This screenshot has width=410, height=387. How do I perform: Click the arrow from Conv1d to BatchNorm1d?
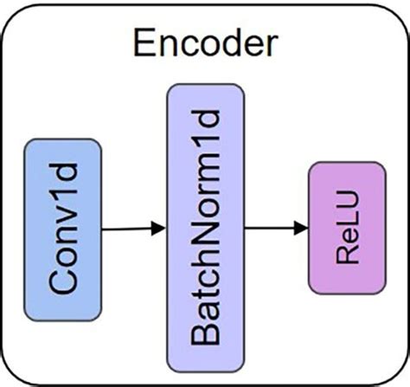pos(132,229)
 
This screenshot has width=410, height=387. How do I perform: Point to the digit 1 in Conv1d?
pos(65,197)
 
